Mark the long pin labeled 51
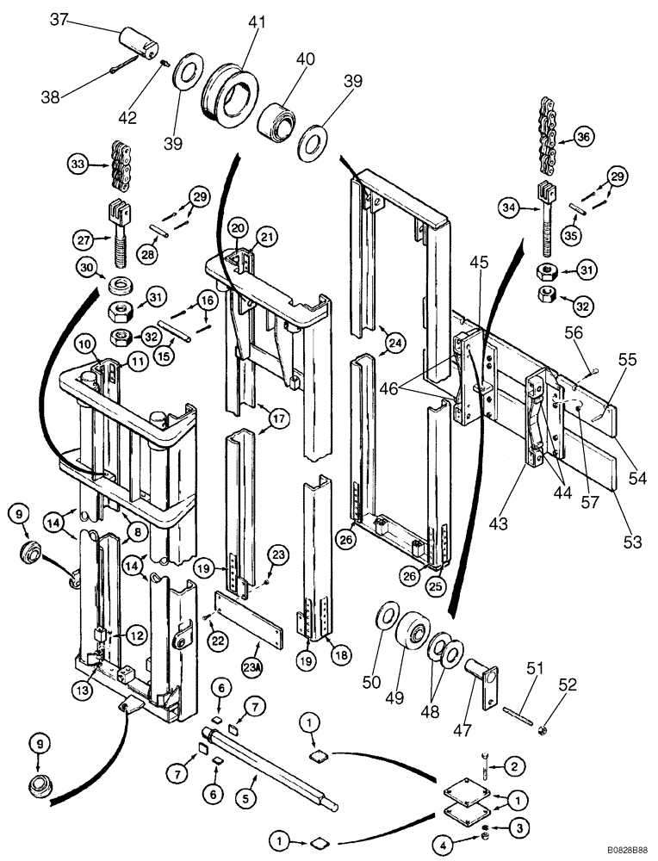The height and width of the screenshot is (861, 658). [512, 703]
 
